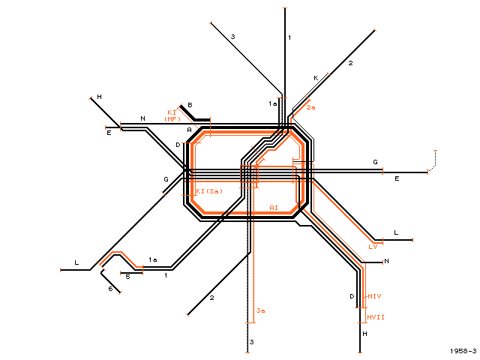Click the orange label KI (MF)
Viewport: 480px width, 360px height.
tap(172, 115)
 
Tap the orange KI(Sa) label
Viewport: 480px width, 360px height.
tap(209, 191)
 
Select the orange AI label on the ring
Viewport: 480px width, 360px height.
tap(274, 208)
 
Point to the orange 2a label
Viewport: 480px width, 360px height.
tap(310, 107)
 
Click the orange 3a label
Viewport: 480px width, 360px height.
tap(260, 310)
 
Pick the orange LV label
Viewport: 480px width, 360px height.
tap(373, 247)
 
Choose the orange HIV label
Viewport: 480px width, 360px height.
tap(374, 296)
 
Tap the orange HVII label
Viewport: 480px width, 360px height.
tap(376, 317)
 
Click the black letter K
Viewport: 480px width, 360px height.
tap(316, 78)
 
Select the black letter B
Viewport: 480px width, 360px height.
tap(190, 105)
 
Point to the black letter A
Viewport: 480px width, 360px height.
tap(189, 130)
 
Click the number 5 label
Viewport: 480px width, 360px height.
tap(128, 277)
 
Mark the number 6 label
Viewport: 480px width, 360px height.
tap(110, 289)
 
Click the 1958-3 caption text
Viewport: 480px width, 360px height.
tap(463, 351)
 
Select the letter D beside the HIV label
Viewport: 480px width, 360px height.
tap(352, 296)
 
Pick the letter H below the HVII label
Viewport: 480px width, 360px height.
tap(364, 334)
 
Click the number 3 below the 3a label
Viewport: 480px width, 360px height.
tap(252, 342)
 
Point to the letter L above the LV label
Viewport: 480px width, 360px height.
tap(396, 232)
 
